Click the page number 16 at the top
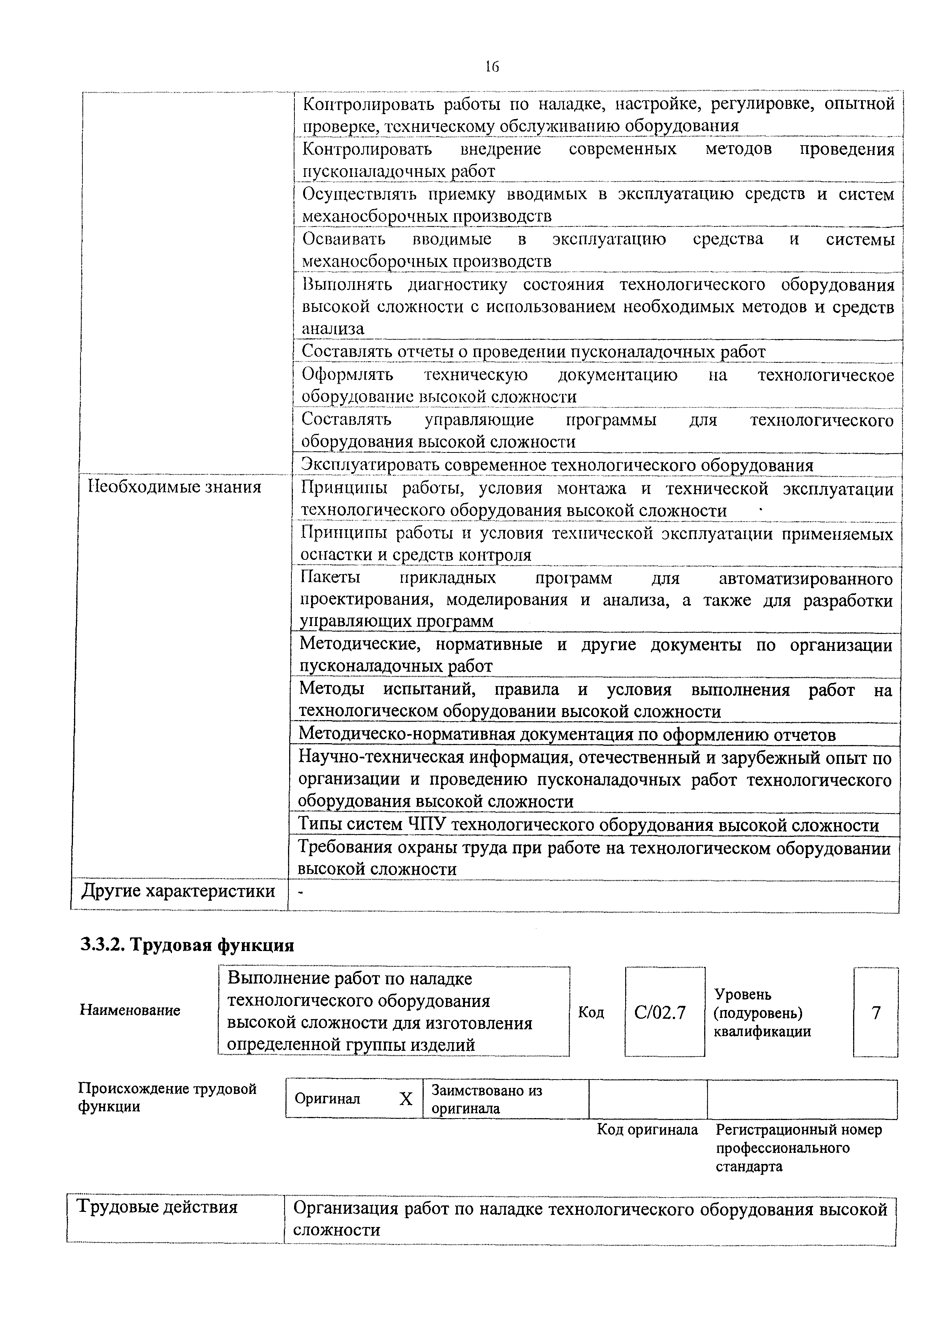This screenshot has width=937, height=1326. (491, 67)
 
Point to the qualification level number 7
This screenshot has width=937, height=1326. (876, 1012)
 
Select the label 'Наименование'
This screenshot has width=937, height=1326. (130, 1010)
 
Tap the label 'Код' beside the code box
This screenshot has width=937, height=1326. (591, 1012)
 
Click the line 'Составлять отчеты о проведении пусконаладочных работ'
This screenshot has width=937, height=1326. (533, 351)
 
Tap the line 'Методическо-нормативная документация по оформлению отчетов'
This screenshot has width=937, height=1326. (567, 734)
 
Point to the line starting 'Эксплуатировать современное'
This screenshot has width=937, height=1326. (557, 465)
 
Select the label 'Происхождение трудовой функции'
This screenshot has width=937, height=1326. (167, 1097)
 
